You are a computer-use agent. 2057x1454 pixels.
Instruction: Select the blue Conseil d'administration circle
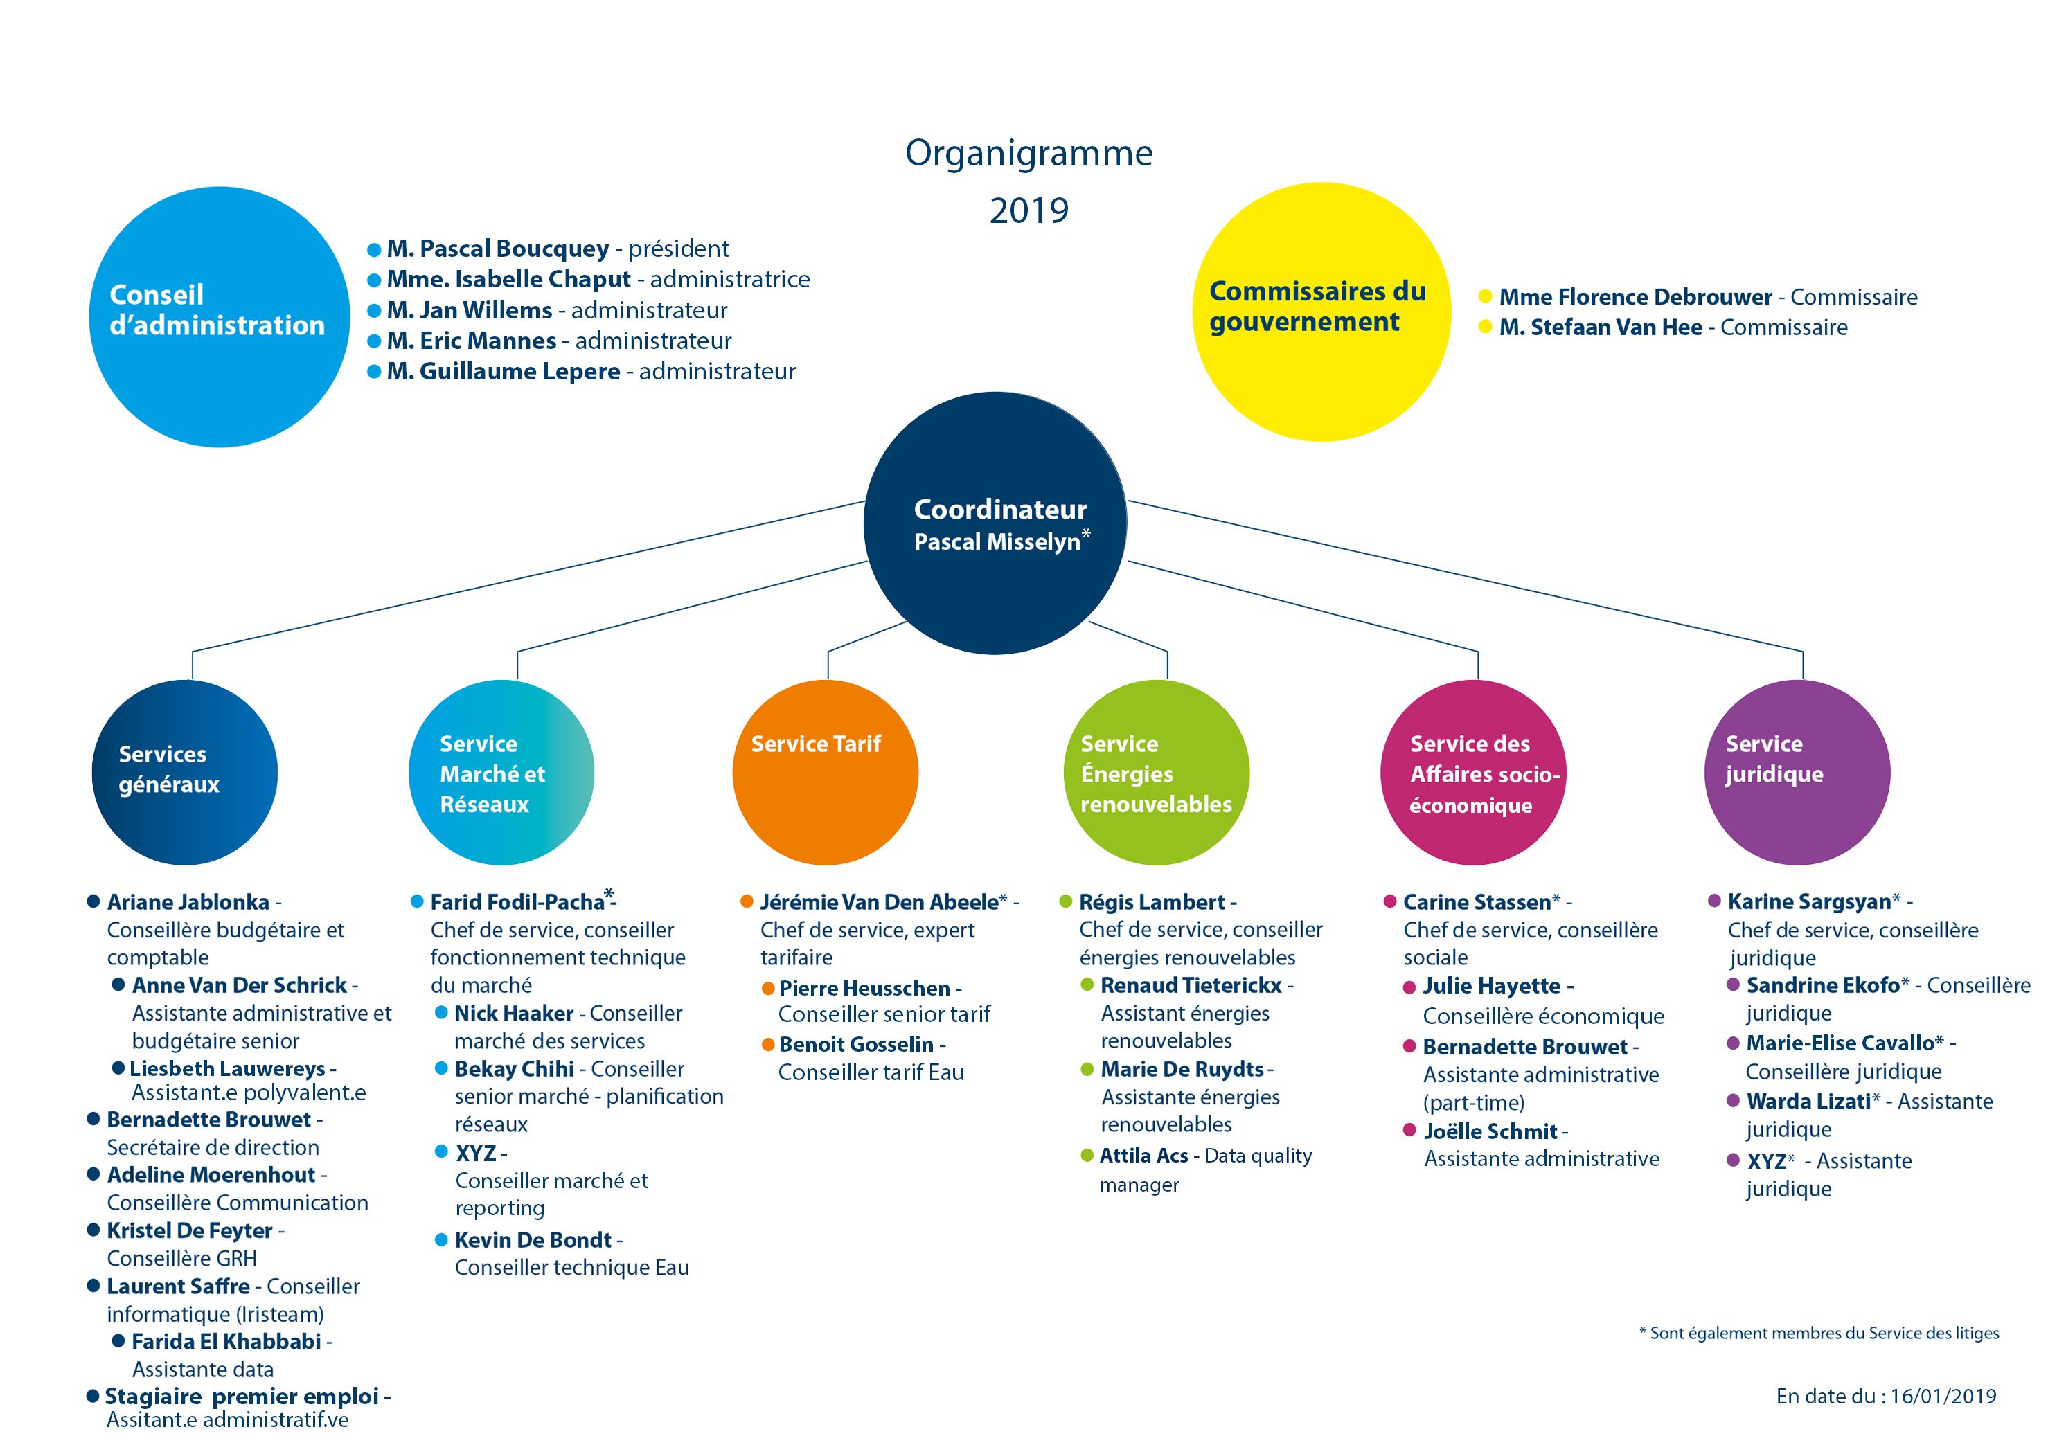point(220,316)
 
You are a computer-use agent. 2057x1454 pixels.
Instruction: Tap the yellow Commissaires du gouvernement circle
point(1321,312)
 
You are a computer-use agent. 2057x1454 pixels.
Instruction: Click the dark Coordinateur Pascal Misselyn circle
point(995,523)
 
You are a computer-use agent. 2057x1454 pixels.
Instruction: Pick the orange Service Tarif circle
point(825,772)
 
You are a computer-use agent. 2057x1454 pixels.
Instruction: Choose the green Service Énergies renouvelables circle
point(1156,772)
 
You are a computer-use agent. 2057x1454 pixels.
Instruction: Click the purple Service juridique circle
point(1797,772)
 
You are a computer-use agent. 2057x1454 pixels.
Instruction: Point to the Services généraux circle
point(184,772)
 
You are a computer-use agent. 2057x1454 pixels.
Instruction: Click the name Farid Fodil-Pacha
point(518,901)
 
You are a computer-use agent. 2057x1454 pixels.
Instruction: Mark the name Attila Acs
point(1144,1156)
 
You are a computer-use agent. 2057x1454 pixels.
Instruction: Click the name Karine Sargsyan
point(1809,901)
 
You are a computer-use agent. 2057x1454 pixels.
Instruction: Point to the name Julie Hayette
point(1492,987)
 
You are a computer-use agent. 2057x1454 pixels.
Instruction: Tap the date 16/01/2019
point(1943,1396)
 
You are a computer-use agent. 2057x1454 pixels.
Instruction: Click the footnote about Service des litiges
point(1819,1333)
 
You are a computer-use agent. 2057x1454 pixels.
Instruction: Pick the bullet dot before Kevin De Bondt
point(440,1240)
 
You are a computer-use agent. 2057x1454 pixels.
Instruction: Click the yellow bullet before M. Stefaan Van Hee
point(1484,327)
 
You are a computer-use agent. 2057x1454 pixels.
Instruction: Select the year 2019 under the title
point(1028,210)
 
